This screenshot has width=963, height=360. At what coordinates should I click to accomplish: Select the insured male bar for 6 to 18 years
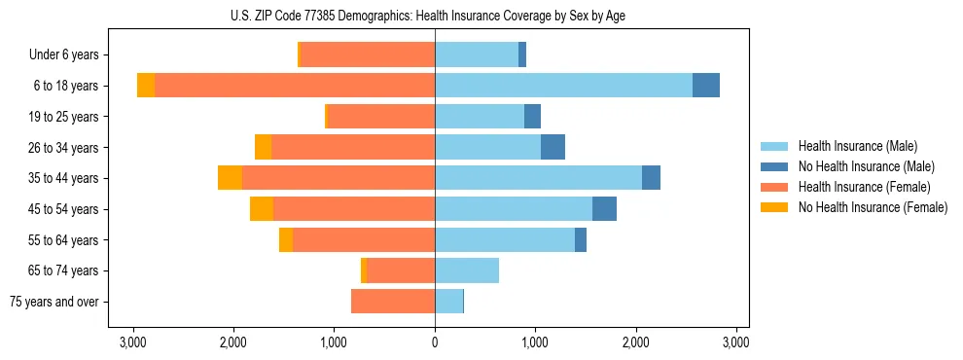pos(563,86)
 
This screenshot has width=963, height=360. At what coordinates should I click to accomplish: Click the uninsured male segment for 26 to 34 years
pos(553,147)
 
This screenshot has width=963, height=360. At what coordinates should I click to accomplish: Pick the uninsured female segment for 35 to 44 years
pos(230,178)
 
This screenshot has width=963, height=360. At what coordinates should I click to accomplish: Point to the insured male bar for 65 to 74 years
pos(467,270)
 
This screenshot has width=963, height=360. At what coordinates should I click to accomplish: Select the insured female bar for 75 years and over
pos(393,302)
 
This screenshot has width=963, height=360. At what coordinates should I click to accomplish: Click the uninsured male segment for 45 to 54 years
pos(604,209)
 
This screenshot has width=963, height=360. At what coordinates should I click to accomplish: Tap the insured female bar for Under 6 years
pos(368,54)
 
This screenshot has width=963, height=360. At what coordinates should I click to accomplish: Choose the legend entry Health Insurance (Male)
pos(857,146)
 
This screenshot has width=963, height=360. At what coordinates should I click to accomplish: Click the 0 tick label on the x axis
pos(435,342)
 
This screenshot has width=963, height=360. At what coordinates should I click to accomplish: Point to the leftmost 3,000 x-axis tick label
pos(132,342)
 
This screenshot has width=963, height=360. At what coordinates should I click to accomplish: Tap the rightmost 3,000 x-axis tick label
pos(736,342)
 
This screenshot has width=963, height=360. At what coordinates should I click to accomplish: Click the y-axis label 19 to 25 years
pos(63,117)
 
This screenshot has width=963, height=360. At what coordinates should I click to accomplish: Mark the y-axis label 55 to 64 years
pos(63,240)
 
